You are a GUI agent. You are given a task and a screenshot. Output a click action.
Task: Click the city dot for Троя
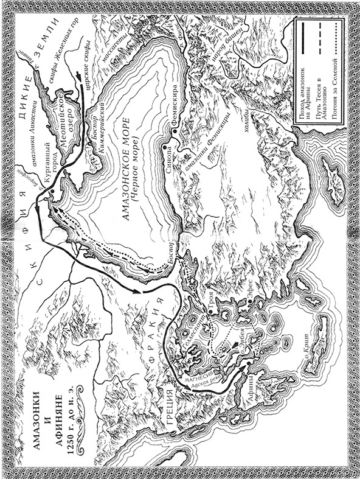pyautogui.click(x=209, y=312)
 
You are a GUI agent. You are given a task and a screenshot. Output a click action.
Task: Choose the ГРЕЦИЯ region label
pyautogui.click(x=172, y=407)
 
